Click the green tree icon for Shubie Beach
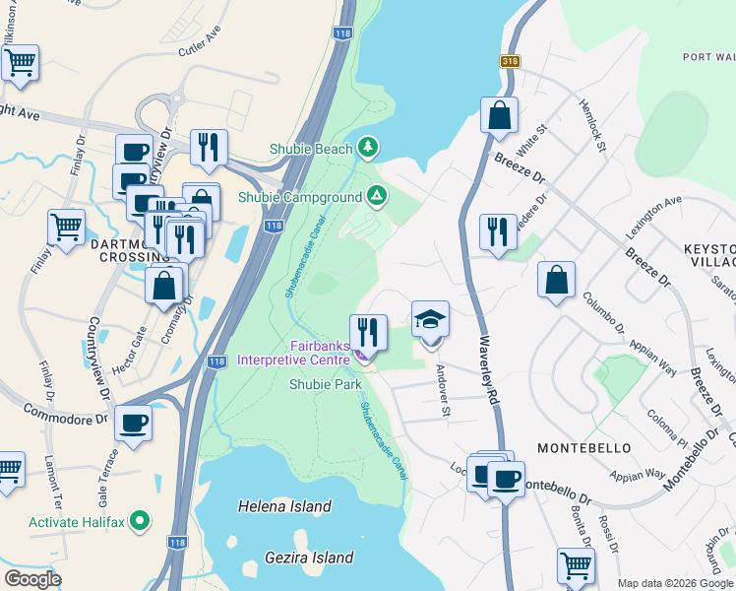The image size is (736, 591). (368, 148)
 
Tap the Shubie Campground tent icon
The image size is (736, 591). (377, 196)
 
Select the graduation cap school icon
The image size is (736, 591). (430, 320)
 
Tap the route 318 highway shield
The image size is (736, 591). (511, 61)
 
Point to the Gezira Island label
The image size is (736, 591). (309, 558)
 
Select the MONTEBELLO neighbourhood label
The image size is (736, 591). (584, 447)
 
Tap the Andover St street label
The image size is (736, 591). (443, 391)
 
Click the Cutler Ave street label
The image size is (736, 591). (200, 50)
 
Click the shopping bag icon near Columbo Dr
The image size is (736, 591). (556, 279)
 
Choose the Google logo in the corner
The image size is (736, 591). (32, 580)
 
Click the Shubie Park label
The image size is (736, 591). (326, 385)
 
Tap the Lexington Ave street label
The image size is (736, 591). (653, 218)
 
